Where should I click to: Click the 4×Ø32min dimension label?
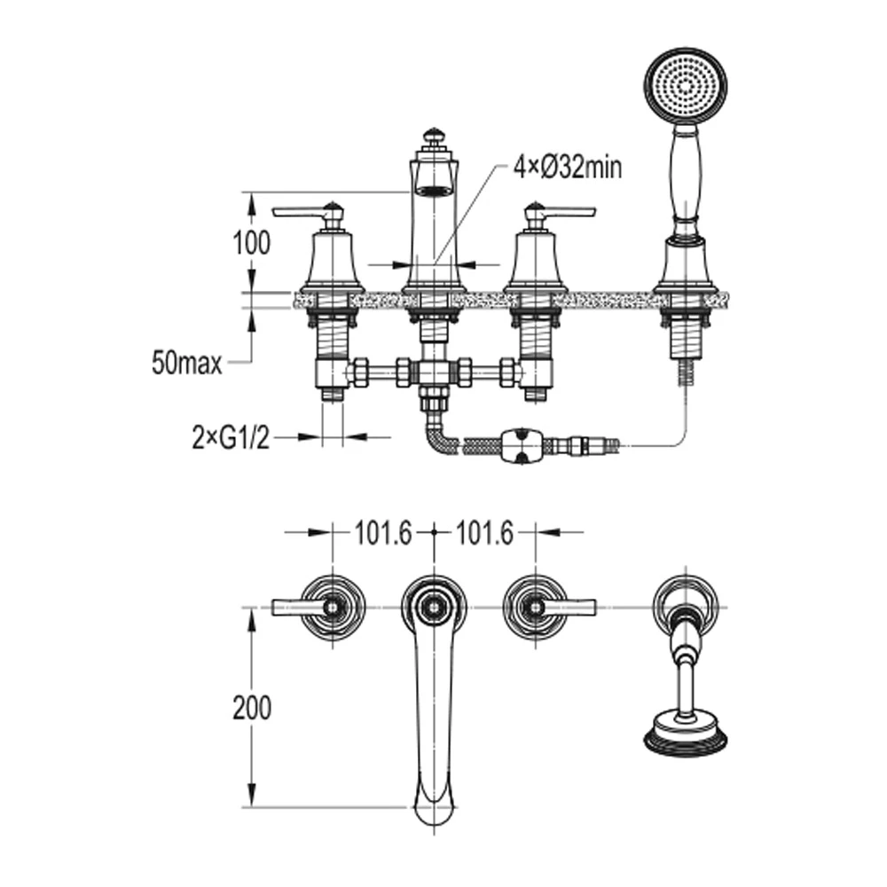click(567, 168)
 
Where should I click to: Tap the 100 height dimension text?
click(252, 243)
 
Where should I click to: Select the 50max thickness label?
click(186, 363)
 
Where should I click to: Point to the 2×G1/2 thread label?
click(230, 437)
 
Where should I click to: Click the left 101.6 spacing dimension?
click(383, 532)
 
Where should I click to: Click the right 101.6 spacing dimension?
click(484, 532)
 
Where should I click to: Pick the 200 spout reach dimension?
click(252, 708)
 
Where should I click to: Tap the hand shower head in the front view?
click(684, 87)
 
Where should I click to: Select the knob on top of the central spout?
click(433, 137)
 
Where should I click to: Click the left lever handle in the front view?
click(302, 212)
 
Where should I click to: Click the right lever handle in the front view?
click(565, 212)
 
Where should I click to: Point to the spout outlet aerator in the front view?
click(434, 189)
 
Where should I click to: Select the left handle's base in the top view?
click(332, 607)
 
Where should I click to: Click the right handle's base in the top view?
click(535, 607)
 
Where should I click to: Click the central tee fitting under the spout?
click(433, 373)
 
